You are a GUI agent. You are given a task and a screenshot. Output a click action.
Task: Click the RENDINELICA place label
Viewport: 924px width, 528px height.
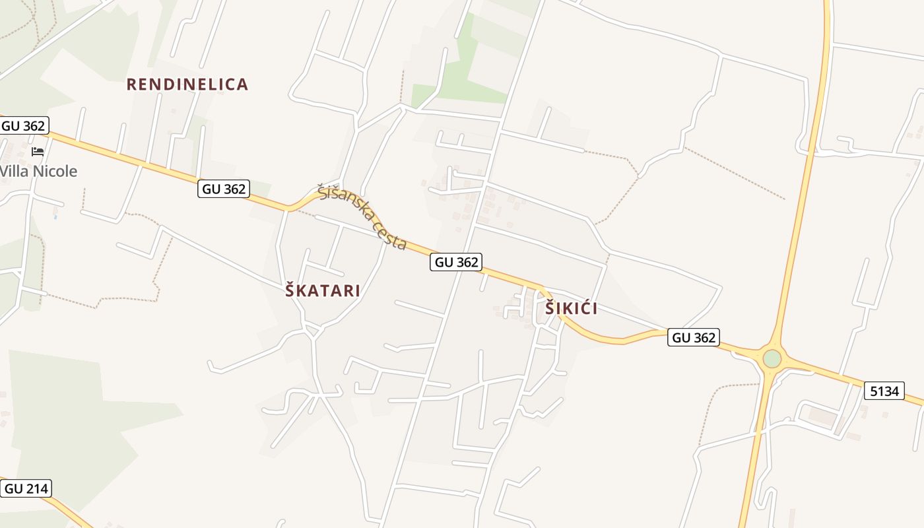click(187, 84)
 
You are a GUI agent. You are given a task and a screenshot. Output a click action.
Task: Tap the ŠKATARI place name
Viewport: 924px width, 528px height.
click(323, 290)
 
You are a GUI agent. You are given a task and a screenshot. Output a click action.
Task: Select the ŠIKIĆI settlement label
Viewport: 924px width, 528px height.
click(572, 308)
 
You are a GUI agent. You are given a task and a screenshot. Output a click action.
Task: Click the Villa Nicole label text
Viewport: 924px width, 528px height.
click(38, 172)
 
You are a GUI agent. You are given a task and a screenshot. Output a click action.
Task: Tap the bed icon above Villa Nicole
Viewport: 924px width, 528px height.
click(38, 152)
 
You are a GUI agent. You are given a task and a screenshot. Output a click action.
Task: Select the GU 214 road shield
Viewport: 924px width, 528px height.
click(26, 489)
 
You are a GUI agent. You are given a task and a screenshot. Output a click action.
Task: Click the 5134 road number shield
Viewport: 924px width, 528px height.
click(884, 391)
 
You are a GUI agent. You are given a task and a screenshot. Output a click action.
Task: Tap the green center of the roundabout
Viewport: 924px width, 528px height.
click(772, 358)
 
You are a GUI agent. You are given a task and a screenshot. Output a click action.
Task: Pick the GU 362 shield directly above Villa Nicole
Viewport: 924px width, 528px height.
click(24, 125)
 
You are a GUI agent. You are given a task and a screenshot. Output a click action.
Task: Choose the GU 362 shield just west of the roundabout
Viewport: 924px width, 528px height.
click(694, 337)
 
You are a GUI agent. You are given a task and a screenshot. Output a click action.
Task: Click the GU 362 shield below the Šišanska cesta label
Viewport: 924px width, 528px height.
click(457, 262)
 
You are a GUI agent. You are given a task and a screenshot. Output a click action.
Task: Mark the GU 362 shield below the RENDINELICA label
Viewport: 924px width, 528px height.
click(224, 189)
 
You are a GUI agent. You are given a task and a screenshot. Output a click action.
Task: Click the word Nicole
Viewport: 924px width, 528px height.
click(55, 172)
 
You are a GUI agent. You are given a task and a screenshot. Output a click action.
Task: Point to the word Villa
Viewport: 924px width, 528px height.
click(15, 172)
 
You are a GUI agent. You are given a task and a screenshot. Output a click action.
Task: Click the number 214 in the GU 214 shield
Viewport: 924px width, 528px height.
click(35, 489)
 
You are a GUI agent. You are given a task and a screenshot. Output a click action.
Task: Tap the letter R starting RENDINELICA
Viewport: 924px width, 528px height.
click(131, 84)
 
